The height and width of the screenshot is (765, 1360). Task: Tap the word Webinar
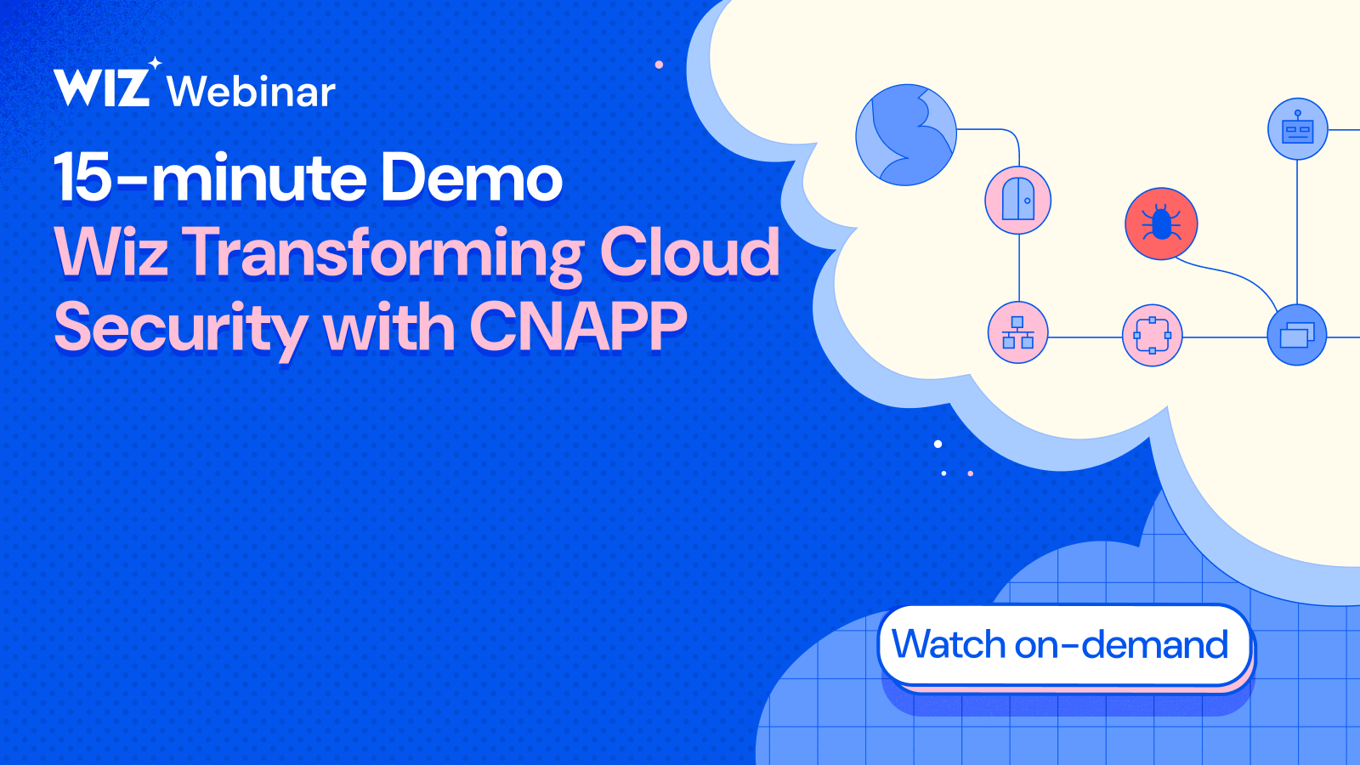[x=252, y=92]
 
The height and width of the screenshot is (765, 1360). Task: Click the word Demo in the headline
[x=471, y=178]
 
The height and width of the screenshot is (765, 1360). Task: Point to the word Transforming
[x=383, y=253]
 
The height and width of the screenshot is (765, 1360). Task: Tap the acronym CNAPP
[x=578, y=326]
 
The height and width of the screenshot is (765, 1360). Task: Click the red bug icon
[x=1161, y=224]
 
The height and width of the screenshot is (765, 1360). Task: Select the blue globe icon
[x=906, y=134]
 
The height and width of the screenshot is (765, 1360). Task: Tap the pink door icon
[x=1018, y=201]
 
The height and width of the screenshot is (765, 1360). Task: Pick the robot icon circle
[x=1297, y=129]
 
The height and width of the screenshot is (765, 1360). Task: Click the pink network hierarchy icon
[x=1017, y=332]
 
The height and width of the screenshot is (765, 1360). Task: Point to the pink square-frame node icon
[x=1153, y=335]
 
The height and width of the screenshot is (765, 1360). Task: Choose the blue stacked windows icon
[x=1297, y=335]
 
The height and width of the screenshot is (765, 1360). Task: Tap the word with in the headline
[x=389, y=328]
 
